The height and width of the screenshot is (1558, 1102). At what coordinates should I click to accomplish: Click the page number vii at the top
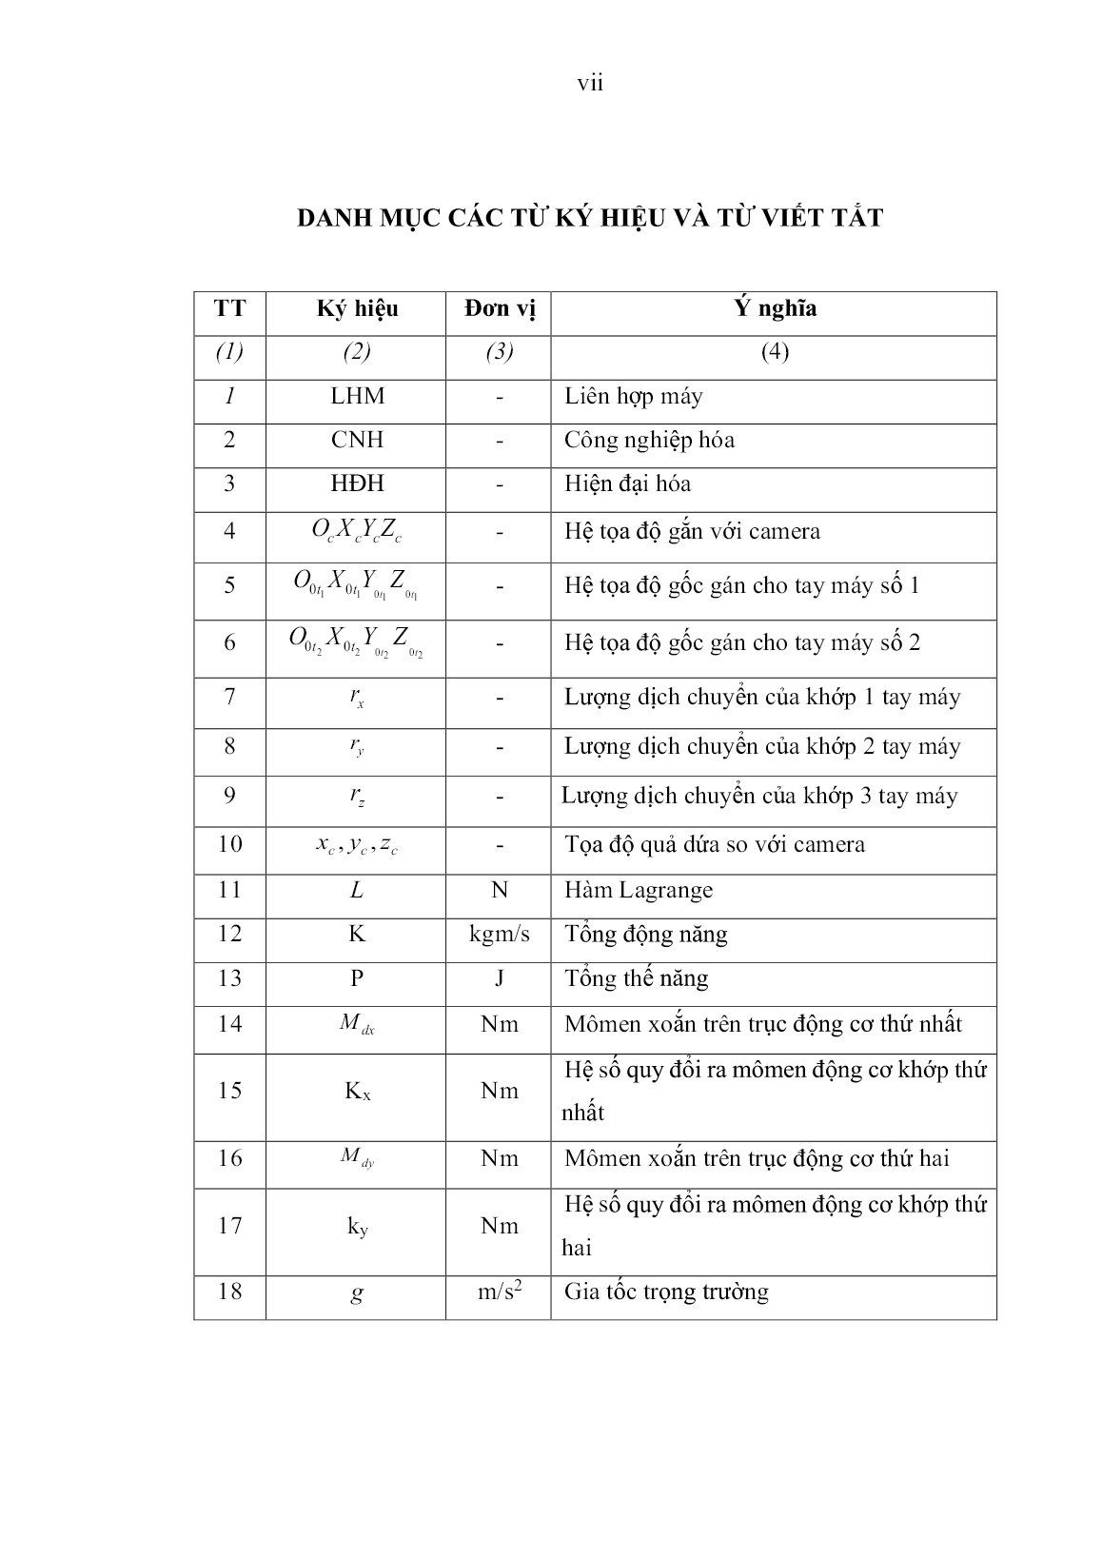(590, 84)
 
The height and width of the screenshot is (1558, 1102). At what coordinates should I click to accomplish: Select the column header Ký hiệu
(357, 309)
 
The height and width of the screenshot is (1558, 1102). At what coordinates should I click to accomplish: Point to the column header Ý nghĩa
(775, 309)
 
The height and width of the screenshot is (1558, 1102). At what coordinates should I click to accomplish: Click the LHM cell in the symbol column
(357, 396)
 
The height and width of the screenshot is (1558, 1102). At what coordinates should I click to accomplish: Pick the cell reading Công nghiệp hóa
(649, 441)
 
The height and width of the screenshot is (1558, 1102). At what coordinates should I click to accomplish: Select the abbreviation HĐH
(357, 483)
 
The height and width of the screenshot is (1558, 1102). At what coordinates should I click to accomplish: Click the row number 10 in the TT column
(230, 844)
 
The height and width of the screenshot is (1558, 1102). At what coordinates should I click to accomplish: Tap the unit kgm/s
(500, 934)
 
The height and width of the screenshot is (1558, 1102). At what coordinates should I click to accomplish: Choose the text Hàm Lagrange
(638, 891)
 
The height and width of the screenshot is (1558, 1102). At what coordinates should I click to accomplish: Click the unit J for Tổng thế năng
(500, 978)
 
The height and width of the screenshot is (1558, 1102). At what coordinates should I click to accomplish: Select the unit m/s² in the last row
(500, 1292)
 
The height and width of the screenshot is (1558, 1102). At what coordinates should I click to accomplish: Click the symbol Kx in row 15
(357, 1092)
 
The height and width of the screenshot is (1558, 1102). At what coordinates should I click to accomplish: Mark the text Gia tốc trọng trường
(666, 1292)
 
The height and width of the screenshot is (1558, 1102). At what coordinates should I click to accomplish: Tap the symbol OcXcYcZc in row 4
(357, 532)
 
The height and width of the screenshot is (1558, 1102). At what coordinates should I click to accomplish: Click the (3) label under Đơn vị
(500, 352)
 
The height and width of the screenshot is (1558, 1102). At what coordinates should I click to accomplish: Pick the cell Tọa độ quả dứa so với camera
(715, 845)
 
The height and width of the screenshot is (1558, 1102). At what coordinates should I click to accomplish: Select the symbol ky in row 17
(357, 1227)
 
